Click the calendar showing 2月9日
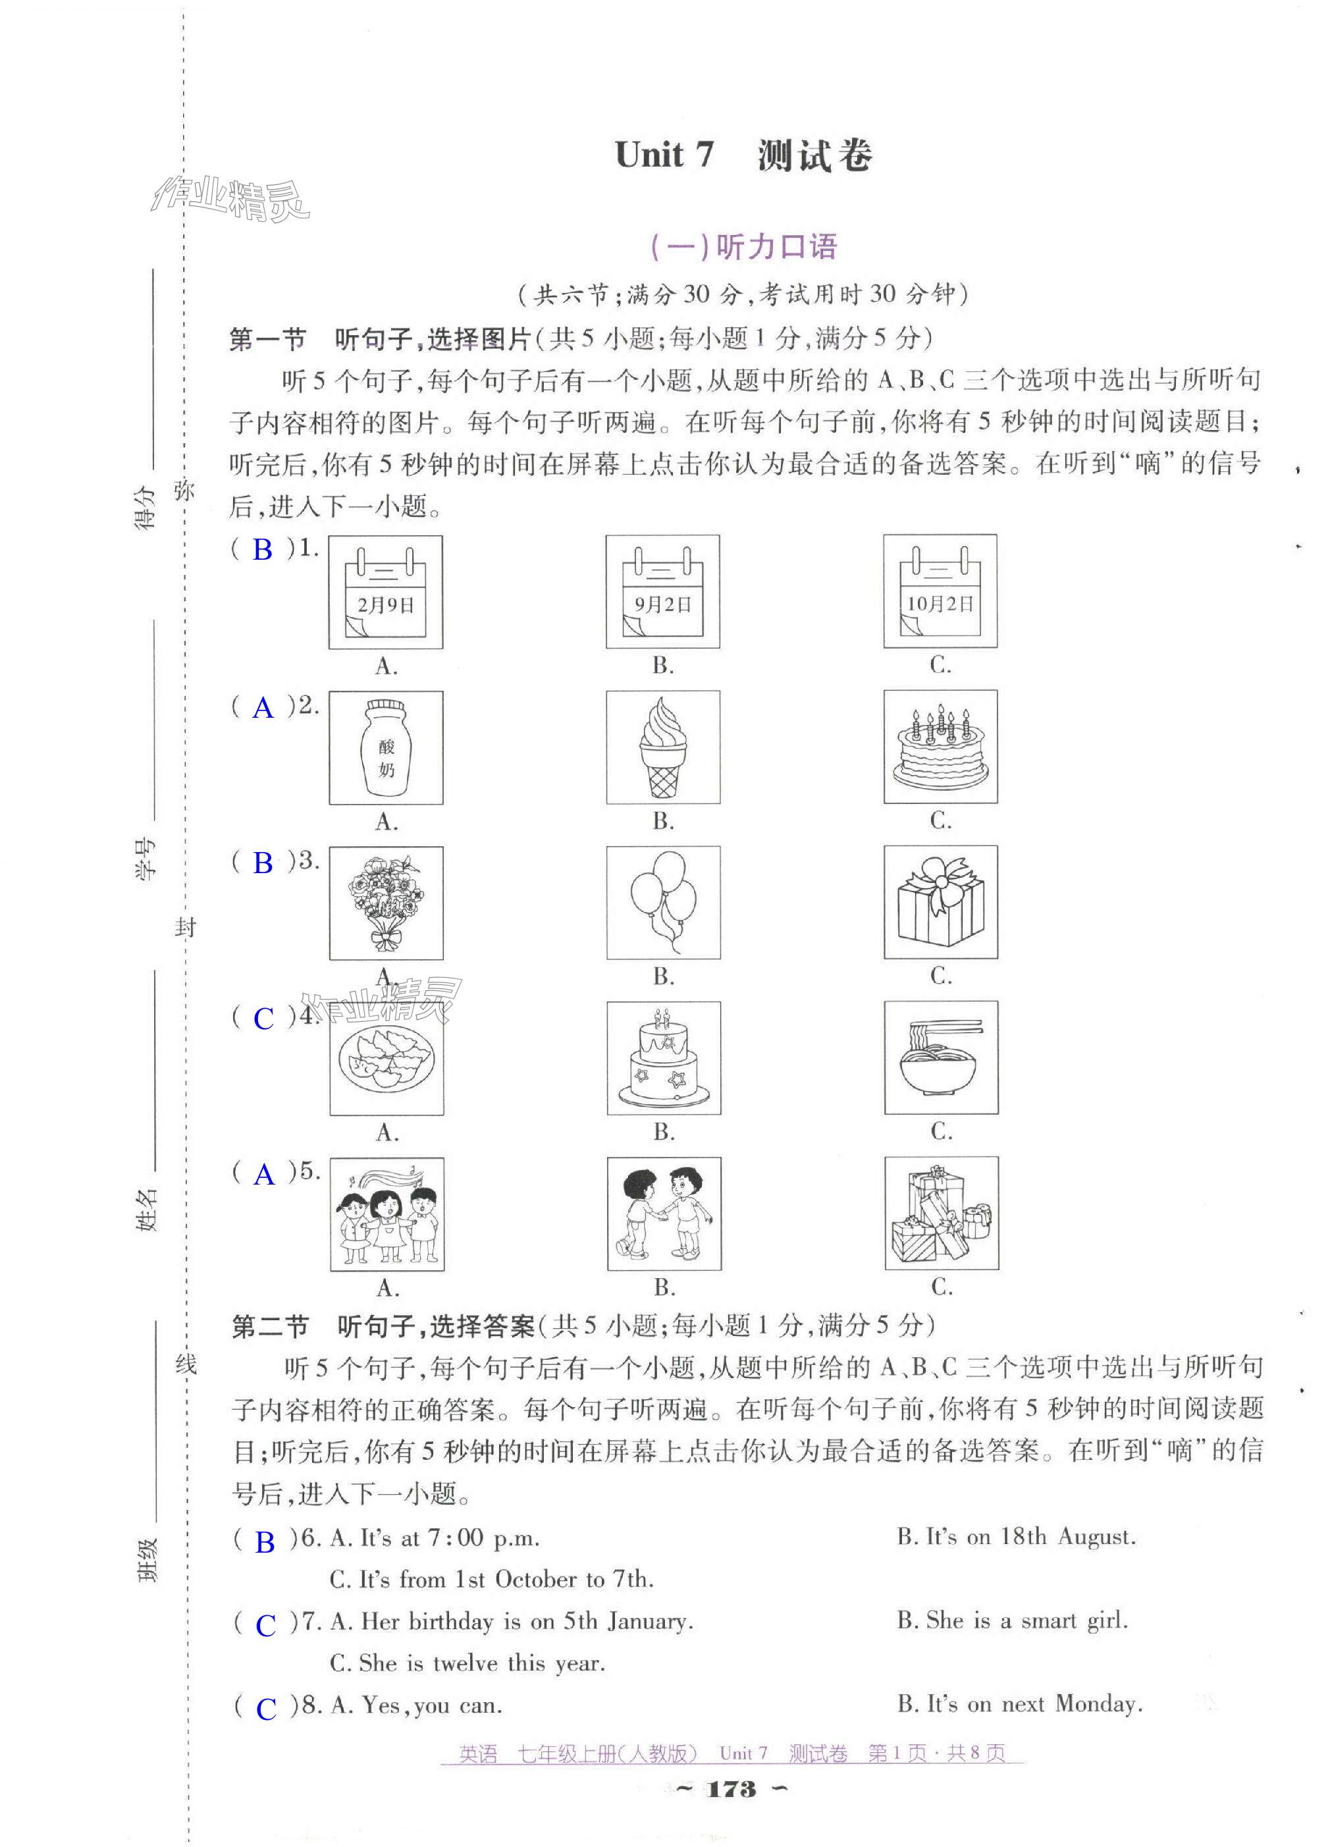(x=385, y=592)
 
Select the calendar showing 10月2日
(x=940, y=591)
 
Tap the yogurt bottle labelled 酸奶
(x=386, y=747)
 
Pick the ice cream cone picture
(x=663, y=747)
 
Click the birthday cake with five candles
(x=941, y=746)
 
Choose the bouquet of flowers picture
(x=386, y=902)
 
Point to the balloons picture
(x=663, y=901)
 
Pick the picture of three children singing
(x=387, y=1214)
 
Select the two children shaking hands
(x=664, y=1213)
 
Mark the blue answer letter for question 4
(x=264, y=1019)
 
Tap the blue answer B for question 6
(x=265, y=1541)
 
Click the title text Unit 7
(x=664, y=155)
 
